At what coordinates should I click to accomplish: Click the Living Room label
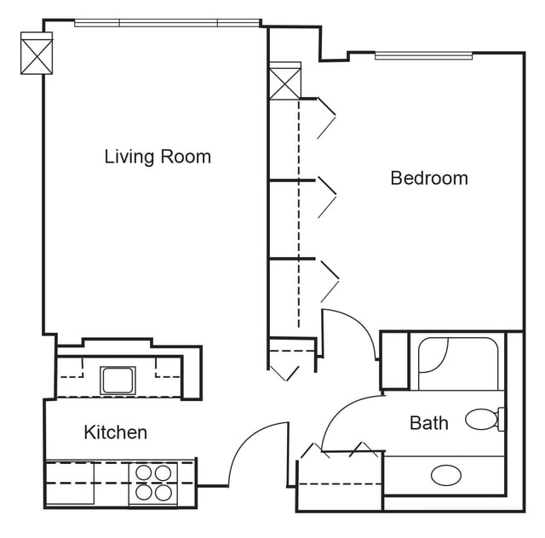click(x=158, y=157)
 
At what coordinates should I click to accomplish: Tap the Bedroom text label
click(x=429, y=178)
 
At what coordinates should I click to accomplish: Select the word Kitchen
click(x=115, y=432)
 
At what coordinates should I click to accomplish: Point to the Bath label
click(x=428, y=423)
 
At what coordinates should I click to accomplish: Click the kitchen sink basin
click(x=118, y=380)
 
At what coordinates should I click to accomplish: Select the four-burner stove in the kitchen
click(x=153, y=483)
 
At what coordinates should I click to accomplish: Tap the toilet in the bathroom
click(x=484, y=419)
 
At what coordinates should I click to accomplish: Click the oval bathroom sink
click(x=446, y=475)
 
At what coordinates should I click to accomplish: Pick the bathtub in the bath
click(x=457, y=363)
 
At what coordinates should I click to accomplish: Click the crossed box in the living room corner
click(x=37, y=53)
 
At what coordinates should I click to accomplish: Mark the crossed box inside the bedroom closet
click(x=284, y=82)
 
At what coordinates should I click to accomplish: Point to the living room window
click(x=167, y=22)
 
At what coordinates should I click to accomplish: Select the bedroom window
click(x=423, y=56)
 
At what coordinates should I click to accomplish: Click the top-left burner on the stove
click(x=143, y=472)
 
